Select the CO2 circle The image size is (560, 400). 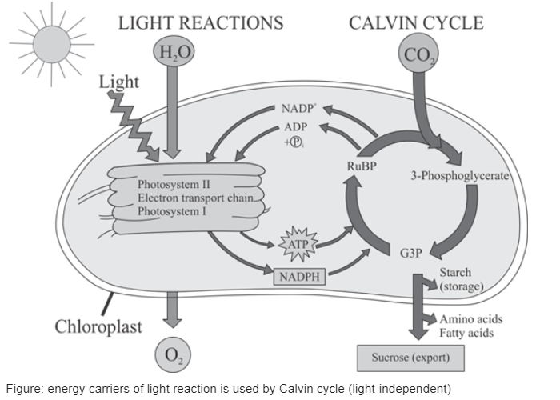417,57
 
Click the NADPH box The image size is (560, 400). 299,277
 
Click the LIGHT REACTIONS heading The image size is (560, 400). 201,22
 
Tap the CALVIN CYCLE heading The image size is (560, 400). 416,22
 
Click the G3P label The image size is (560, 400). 410,254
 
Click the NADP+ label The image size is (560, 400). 298,109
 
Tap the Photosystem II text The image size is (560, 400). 173,185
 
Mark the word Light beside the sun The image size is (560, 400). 121,82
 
